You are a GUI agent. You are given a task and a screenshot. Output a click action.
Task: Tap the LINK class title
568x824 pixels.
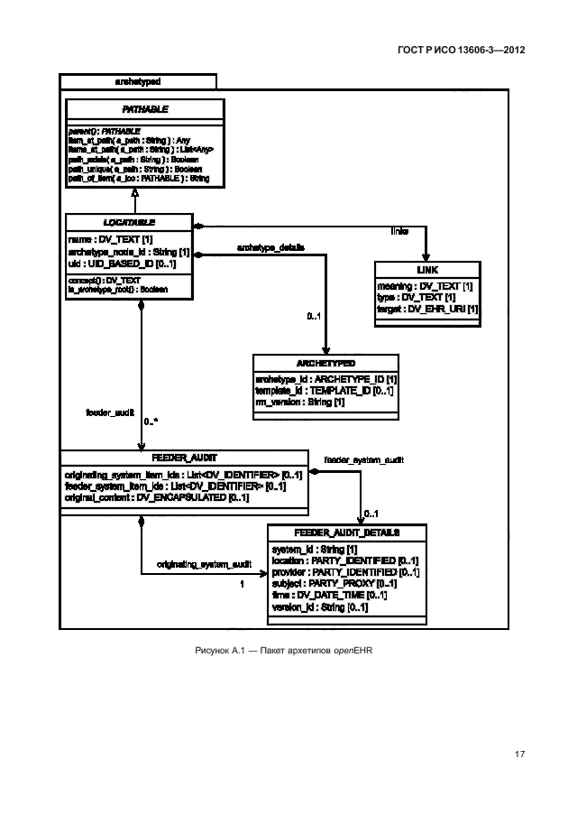pyautogui.click(x=427, y=270)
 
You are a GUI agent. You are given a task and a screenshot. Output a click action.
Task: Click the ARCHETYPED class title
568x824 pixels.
pyautogui.click(x=325, y=363)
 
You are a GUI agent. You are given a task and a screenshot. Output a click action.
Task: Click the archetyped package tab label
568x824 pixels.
pyautogui.click(x=137, y=80)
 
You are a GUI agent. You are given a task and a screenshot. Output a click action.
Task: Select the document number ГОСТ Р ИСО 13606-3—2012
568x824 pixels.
pyautogui.click(x=460, y=51)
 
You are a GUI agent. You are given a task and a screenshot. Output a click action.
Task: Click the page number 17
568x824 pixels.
pyautogui.click(x=519, y=754)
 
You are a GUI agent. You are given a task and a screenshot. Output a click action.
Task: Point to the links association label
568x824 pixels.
pyautogui.click(x=399, y=232)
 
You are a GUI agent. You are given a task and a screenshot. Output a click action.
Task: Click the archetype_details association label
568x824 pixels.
pyautogui.click(x=270, y=246)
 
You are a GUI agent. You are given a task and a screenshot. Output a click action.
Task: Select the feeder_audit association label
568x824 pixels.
pyautogui.click(x=110, y=412)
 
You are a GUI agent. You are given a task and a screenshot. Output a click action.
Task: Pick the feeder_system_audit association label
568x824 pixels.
pyautogui.click(x=363, y=460)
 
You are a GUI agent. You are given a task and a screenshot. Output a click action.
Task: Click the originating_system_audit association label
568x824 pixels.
pyautogui.click(x=205, y=564)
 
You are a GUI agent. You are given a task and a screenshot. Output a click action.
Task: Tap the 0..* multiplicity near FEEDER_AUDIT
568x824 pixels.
pyautogui.click(x=151, y=422)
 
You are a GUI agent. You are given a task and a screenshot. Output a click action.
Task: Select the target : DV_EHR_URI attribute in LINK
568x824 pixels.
pyautogui.click(x=427, y=309)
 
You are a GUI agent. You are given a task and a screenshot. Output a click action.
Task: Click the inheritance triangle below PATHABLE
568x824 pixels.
pyautogui.click(x=133, y=191)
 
